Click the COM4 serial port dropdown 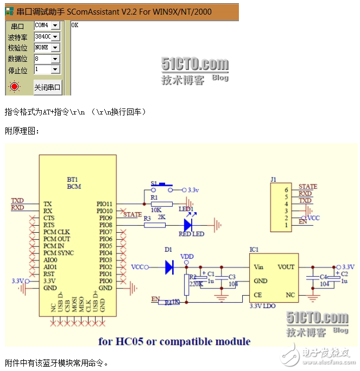point(47,25)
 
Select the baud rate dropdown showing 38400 point(47,36)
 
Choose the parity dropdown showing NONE point(47,47)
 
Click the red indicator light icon point(14,86)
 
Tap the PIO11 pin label point(104,204)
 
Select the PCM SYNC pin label point(59,253)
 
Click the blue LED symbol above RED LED point(188,224)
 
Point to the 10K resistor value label point(155,210)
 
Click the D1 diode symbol point(169,267)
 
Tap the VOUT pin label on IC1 point(286,267)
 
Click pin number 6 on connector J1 point(286,190)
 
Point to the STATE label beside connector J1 point(308,187)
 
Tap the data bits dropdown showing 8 point(47,59)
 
